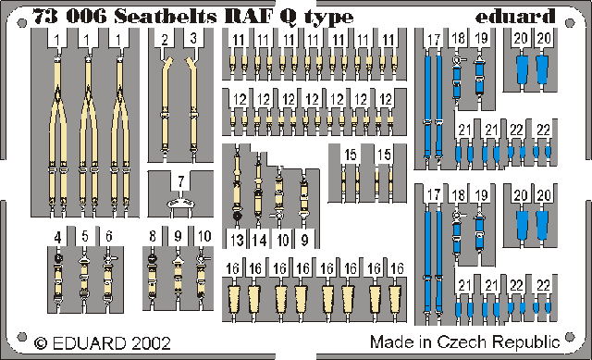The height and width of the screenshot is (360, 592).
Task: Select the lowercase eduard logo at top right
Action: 520,16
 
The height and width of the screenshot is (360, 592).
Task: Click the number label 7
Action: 181,180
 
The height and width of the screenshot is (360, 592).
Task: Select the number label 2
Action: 165,40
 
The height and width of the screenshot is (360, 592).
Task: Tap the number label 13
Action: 237,241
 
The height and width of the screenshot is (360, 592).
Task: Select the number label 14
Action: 260,241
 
